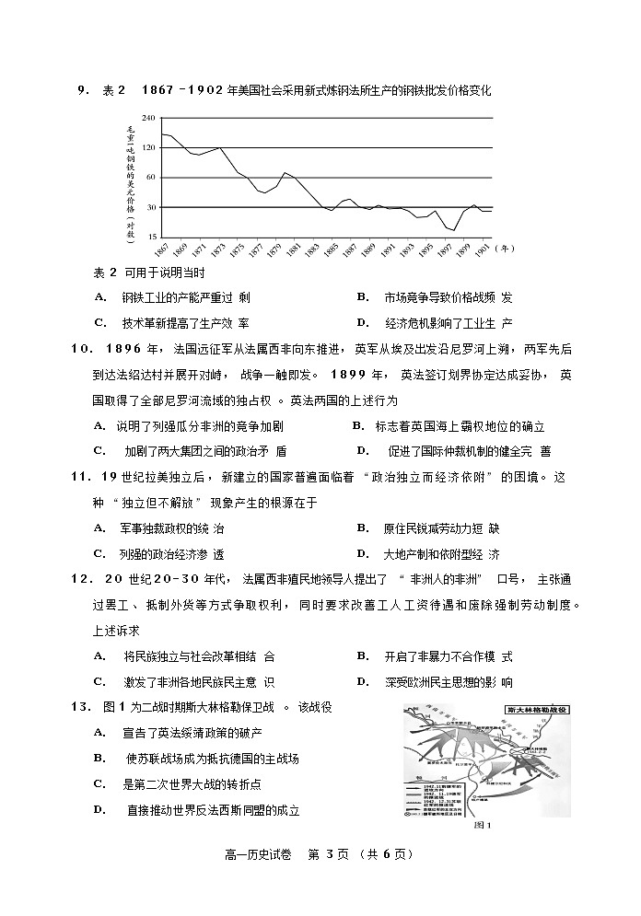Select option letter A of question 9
click(x=99, y=297)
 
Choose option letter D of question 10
click(x=362, y=451)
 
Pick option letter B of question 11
click(x=362, y=528)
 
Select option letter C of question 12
click(x=99, y=682)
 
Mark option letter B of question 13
click(x=99, y=758)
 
